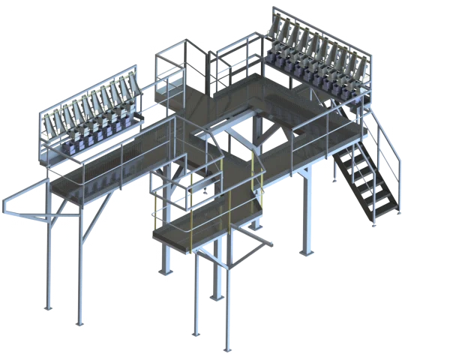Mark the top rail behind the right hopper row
[322, 30]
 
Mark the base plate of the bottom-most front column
[225, 349]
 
